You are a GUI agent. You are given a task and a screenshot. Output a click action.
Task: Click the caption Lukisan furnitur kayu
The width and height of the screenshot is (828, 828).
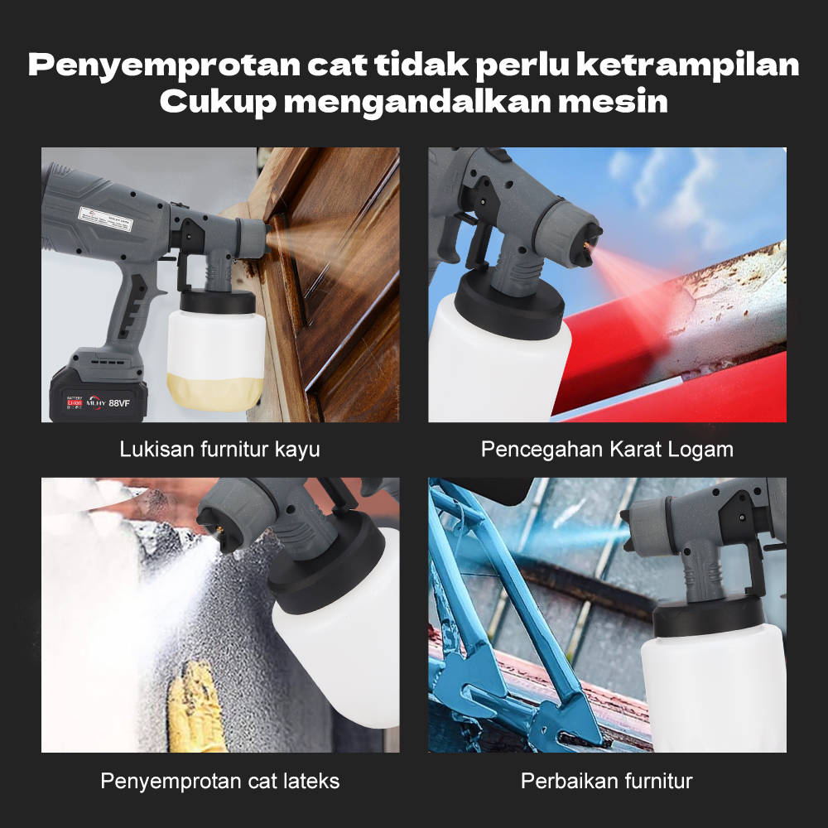[220, 450]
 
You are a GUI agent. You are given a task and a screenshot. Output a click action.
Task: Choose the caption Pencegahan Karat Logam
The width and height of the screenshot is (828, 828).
[607, 450]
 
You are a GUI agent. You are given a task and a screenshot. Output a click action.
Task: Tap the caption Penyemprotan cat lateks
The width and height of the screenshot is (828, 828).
[220, 781]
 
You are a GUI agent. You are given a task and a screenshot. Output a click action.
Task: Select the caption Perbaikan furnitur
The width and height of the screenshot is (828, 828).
[607, 781]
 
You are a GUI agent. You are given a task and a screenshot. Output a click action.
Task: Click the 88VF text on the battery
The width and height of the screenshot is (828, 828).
[120, 403]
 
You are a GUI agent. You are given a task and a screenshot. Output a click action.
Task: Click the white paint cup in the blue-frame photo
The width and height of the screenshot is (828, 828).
[712, 687]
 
